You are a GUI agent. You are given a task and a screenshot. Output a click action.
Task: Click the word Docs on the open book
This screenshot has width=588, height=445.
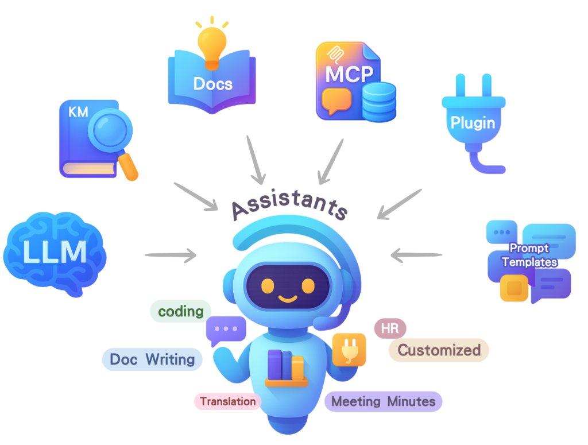[x=212, y=84]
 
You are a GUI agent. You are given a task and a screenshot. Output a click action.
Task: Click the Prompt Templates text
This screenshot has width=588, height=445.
[x=529, y=255]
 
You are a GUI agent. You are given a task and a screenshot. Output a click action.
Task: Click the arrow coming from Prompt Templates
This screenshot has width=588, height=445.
[x=416, y=254]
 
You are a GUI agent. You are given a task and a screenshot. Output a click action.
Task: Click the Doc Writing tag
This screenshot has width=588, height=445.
[x=152, y=359]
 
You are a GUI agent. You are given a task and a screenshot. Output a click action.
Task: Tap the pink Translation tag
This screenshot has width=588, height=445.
[x=228, y=401]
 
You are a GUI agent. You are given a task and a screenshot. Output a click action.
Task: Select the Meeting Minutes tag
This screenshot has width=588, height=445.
[x=383, y=401]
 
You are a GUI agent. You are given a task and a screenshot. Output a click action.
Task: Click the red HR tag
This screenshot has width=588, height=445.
[x=390, y=328]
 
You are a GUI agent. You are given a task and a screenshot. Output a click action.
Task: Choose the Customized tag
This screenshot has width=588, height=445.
[x=439, y=350]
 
